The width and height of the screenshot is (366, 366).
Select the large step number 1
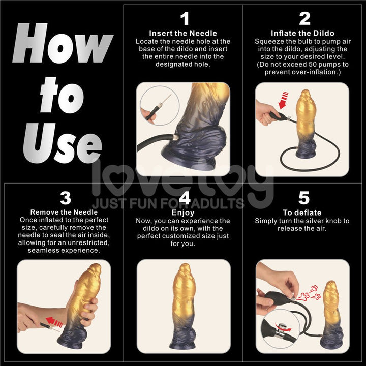tap(184, 19)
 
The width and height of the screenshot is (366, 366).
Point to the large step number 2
tap(304, 19)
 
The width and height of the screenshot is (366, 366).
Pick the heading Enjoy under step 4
tap(183, 212)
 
